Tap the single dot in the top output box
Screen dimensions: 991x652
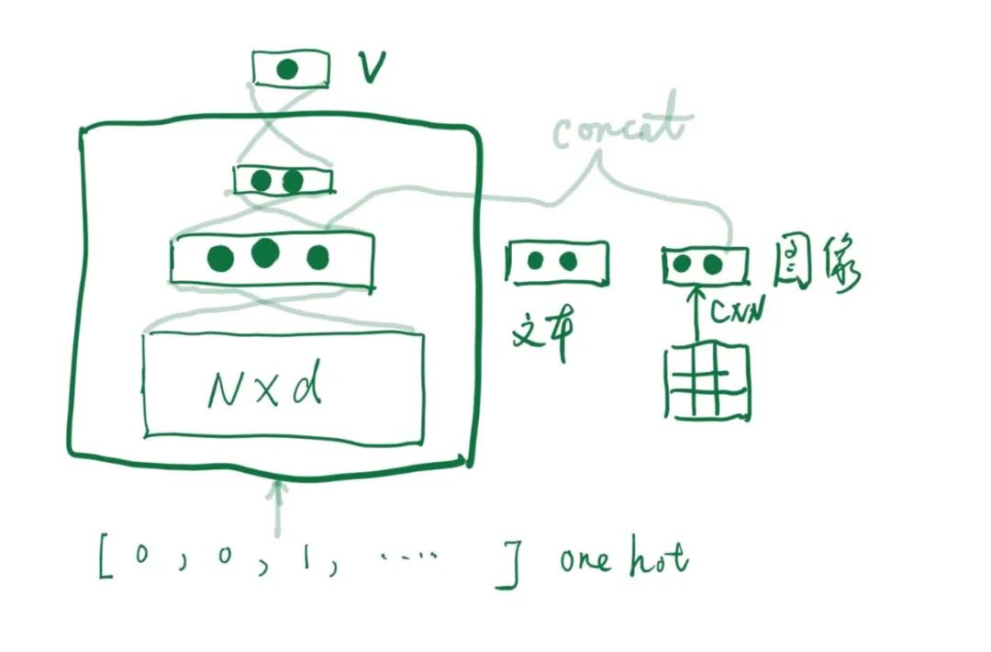click(x=288, y=69)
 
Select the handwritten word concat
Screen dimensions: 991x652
click(x=620, y=129)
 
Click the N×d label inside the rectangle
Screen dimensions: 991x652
click(x=266, y=388)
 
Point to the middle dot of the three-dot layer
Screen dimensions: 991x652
click(x=264, y=253)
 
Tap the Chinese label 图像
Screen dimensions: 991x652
click(x=818, y=266)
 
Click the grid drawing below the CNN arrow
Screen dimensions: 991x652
click(x=707, y=381)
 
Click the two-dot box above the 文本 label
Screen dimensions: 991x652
click(x=556, y=262)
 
